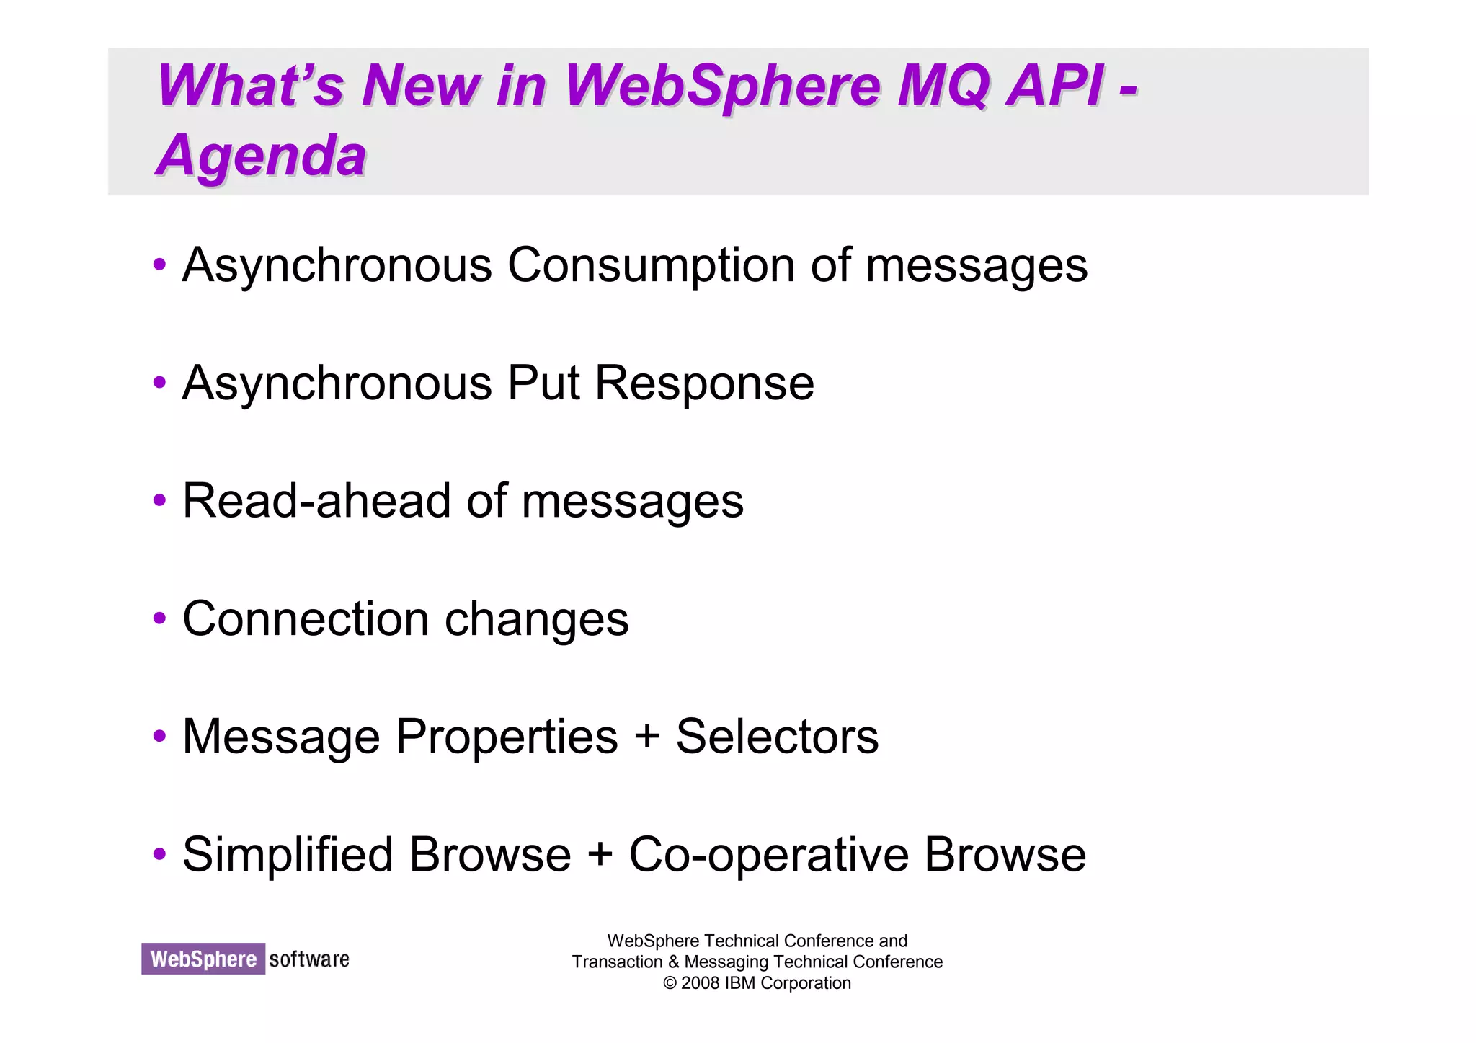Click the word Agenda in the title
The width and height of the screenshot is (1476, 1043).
point(262,156)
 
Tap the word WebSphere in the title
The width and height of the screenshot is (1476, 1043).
point(723,86)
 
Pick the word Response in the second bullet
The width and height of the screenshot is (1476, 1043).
point(704,383)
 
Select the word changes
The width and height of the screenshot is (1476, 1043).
point(537,618)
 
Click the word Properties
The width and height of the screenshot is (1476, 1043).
point(507,737)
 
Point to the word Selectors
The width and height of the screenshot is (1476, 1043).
point(777,737)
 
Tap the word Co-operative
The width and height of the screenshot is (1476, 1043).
point(768,855)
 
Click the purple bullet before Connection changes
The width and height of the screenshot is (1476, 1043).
point(160,618)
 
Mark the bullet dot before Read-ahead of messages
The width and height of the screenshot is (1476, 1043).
point(160,500)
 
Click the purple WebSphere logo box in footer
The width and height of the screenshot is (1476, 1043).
point(203,959)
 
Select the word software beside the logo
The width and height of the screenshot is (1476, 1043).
point(309,959)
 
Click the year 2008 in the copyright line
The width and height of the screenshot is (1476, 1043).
point(701,983)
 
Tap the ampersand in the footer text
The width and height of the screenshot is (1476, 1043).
point(673,962)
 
